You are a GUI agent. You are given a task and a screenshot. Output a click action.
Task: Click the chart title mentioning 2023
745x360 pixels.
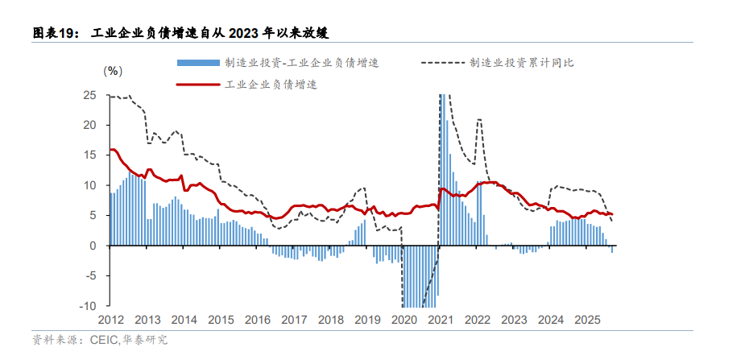point(181,33)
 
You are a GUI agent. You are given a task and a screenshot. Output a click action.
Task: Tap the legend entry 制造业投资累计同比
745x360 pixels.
point(521,62)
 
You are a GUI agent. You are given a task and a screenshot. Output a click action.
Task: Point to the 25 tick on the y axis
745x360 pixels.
point(90,95)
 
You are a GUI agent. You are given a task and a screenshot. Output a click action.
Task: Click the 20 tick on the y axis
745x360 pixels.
point(90,125)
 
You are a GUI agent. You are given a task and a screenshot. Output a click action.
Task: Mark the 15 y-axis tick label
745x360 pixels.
point(90,155)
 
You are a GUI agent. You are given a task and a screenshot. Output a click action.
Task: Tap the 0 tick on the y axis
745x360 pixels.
point(93,246)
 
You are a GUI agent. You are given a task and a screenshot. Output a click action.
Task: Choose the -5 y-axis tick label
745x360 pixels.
point(92,275)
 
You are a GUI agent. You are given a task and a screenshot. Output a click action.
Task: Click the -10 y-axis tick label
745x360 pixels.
point(89,306)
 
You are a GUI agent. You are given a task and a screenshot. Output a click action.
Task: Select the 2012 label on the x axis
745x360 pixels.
point(110,319)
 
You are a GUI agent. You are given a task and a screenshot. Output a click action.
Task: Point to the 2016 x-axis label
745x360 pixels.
point(257,319)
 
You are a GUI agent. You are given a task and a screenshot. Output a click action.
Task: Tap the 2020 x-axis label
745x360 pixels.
point(403,319)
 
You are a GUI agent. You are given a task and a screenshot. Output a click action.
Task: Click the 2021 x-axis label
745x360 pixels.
point(440,319)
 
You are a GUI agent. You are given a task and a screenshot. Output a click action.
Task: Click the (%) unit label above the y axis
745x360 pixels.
point(113,70)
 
